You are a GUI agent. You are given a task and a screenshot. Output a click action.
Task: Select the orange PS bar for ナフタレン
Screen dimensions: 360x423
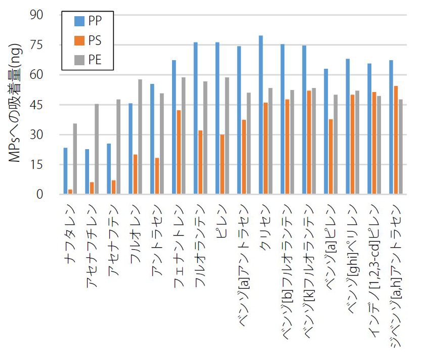(x=70, y=192)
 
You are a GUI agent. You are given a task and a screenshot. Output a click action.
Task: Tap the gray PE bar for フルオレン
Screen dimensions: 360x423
(x=140, y=137)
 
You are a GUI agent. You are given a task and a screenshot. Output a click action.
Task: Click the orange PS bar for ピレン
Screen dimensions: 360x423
(x=222, y=164)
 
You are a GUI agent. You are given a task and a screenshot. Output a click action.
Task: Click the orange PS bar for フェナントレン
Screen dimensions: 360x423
(x=179, y=152)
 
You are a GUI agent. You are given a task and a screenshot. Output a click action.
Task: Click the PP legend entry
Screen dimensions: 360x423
(x=89, y=21)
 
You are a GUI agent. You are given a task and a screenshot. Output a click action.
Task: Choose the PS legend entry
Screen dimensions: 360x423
(x=89, y=40)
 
